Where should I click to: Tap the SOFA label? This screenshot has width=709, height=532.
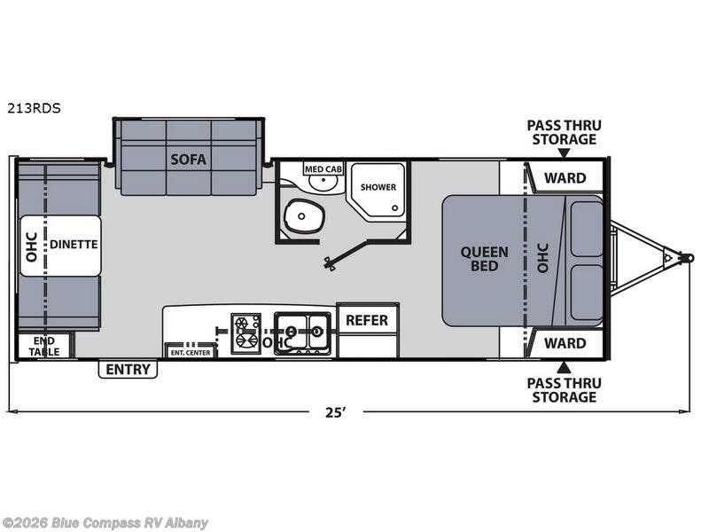coord(189,160)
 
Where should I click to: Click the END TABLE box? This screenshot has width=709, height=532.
coord(45,346)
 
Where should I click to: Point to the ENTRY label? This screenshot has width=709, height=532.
coord(128,369)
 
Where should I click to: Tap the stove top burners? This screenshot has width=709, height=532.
coord(245,332)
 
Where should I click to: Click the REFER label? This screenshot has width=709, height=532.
coord(367,320)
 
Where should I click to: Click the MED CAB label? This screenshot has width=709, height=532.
coord(323,168)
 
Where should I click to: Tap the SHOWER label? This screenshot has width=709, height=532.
coord(378,187)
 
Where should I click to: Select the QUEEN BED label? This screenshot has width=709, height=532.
coord(484,258)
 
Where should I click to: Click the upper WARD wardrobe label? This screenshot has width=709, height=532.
coord(565,177)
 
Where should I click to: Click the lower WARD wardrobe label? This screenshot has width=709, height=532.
coord(565,343)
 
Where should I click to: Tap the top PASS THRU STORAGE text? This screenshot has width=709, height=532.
coord(562,132)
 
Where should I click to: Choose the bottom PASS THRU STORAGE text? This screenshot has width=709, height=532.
coord(562,389)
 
